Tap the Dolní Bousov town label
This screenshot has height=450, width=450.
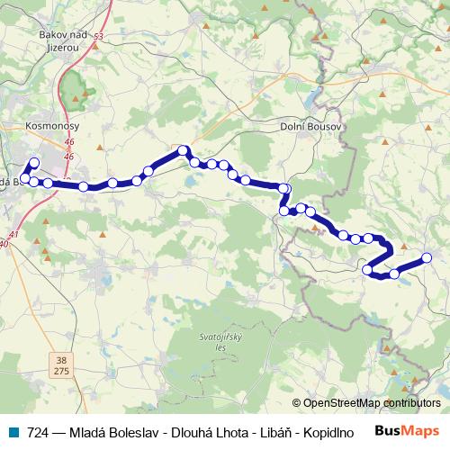tap(306, 127)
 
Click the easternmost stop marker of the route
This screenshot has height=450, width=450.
tap(427, 258)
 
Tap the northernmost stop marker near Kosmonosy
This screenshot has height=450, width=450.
tap(34, 163)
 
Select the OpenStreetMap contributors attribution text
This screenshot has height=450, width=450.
tap(366, 403)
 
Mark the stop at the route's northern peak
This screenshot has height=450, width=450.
tap(183, 150)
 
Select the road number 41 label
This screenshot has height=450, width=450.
tap(13, 234)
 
